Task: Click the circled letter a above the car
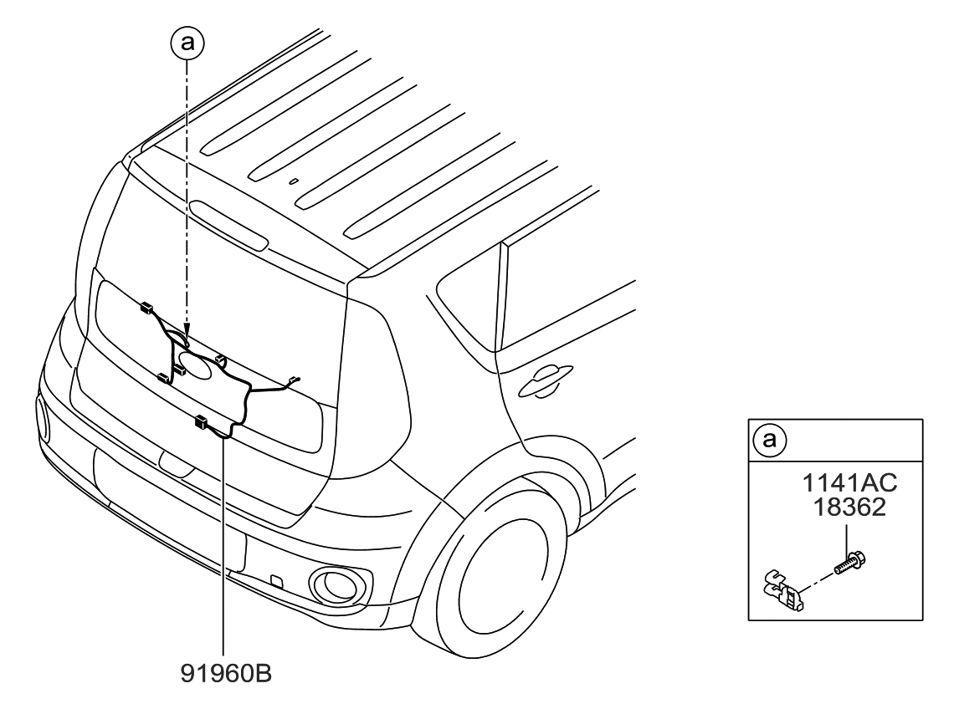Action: tap(187, 44)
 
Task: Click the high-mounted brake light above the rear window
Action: tap(228, 225)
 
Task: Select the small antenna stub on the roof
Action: tap(293, 180)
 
